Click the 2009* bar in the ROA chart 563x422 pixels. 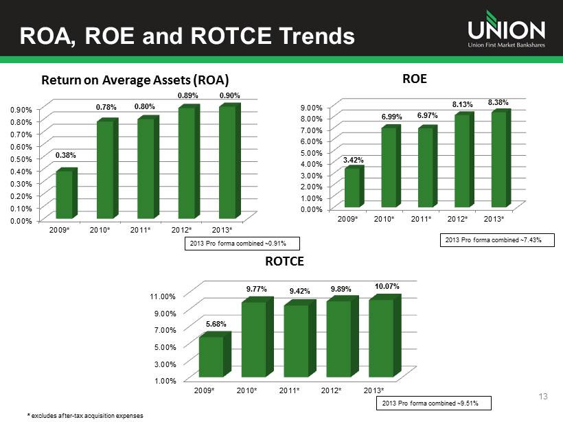click(x=65, y=194)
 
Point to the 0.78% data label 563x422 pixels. click(x=106, y=107)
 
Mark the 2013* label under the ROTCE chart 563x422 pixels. click(x=374, y=390)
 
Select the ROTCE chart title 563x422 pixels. click(x=284, y=261)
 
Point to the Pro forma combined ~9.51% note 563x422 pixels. click(x=436, y=403)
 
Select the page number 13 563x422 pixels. click(x=545, y=397)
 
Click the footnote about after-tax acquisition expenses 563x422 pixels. click(x=85, y=416)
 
